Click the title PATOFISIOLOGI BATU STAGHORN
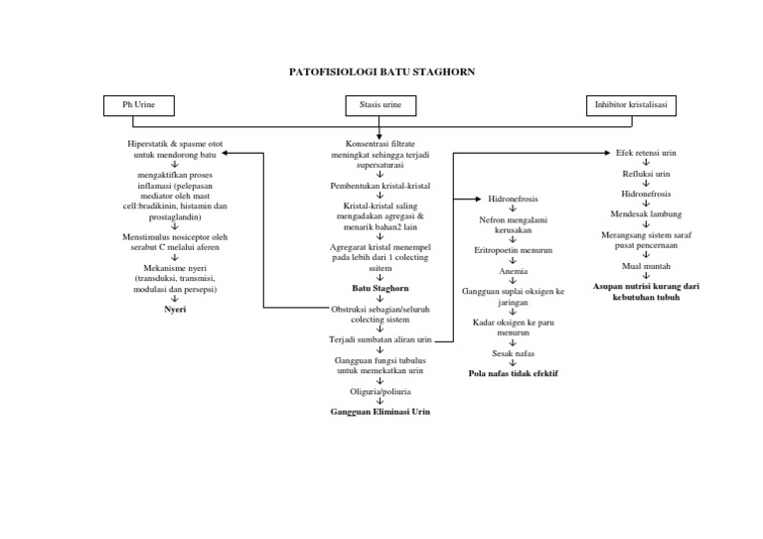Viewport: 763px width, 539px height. [x=381, y=71]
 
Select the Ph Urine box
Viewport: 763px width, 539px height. [x=140, y=104]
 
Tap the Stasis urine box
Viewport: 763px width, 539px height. [x=381, y=104]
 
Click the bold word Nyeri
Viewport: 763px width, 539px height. [x=175, y=310]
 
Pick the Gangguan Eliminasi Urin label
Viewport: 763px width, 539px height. [x=381, y=410]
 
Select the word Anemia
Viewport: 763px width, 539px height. [x=514, y=271]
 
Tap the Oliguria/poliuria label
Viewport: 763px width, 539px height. [x=381, y=390]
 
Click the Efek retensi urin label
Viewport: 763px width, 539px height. [x=646, y=154]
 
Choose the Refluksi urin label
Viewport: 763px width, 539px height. [x=646, y=174]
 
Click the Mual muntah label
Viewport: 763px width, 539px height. [x=646, y=266]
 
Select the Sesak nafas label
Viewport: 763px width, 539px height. [x=514, y=352]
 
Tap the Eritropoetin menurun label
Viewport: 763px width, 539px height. [x=514, y=250]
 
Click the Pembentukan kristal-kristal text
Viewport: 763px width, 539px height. [x=381, y=186]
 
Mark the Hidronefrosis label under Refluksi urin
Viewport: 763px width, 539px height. [x=646, y=194]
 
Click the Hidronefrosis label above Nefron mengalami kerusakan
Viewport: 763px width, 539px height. [x=514, y=200]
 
